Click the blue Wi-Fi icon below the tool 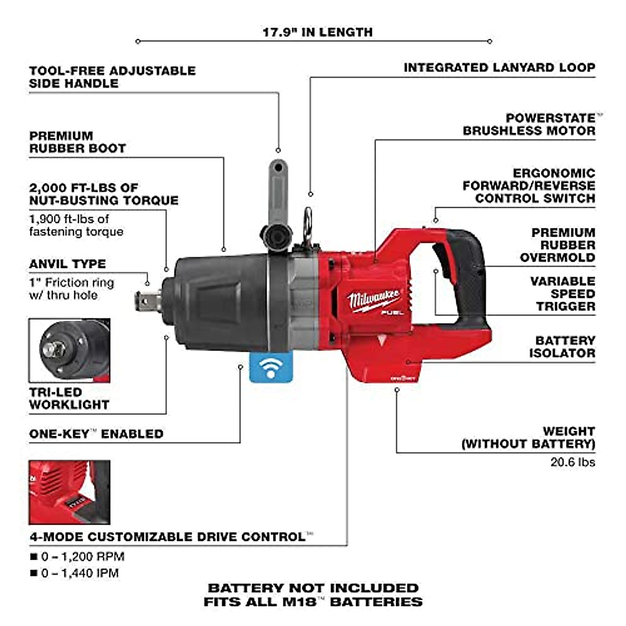point(271,367)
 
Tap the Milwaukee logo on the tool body point(374,300)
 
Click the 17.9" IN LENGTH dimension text point(317,32)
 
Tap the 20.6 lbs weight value point(572,462)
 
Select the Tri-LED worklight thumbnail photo point(69,351)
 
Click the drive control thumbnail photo point(69,492)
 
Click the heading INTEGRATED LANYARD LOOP point(499,68)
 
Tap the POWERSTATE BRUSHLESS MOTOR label point(529,125)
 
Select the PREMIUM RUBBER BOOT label point(77,142)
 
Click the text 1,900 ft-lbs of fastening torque point(76,225)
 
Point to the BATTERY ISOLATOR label point(562,346)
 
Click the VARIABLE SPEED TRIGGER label point(563,294)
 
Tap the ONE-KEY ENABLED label point(96,434)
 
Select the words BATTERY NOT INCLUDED point(313,588)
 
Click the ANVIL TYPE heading point(67,264)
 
